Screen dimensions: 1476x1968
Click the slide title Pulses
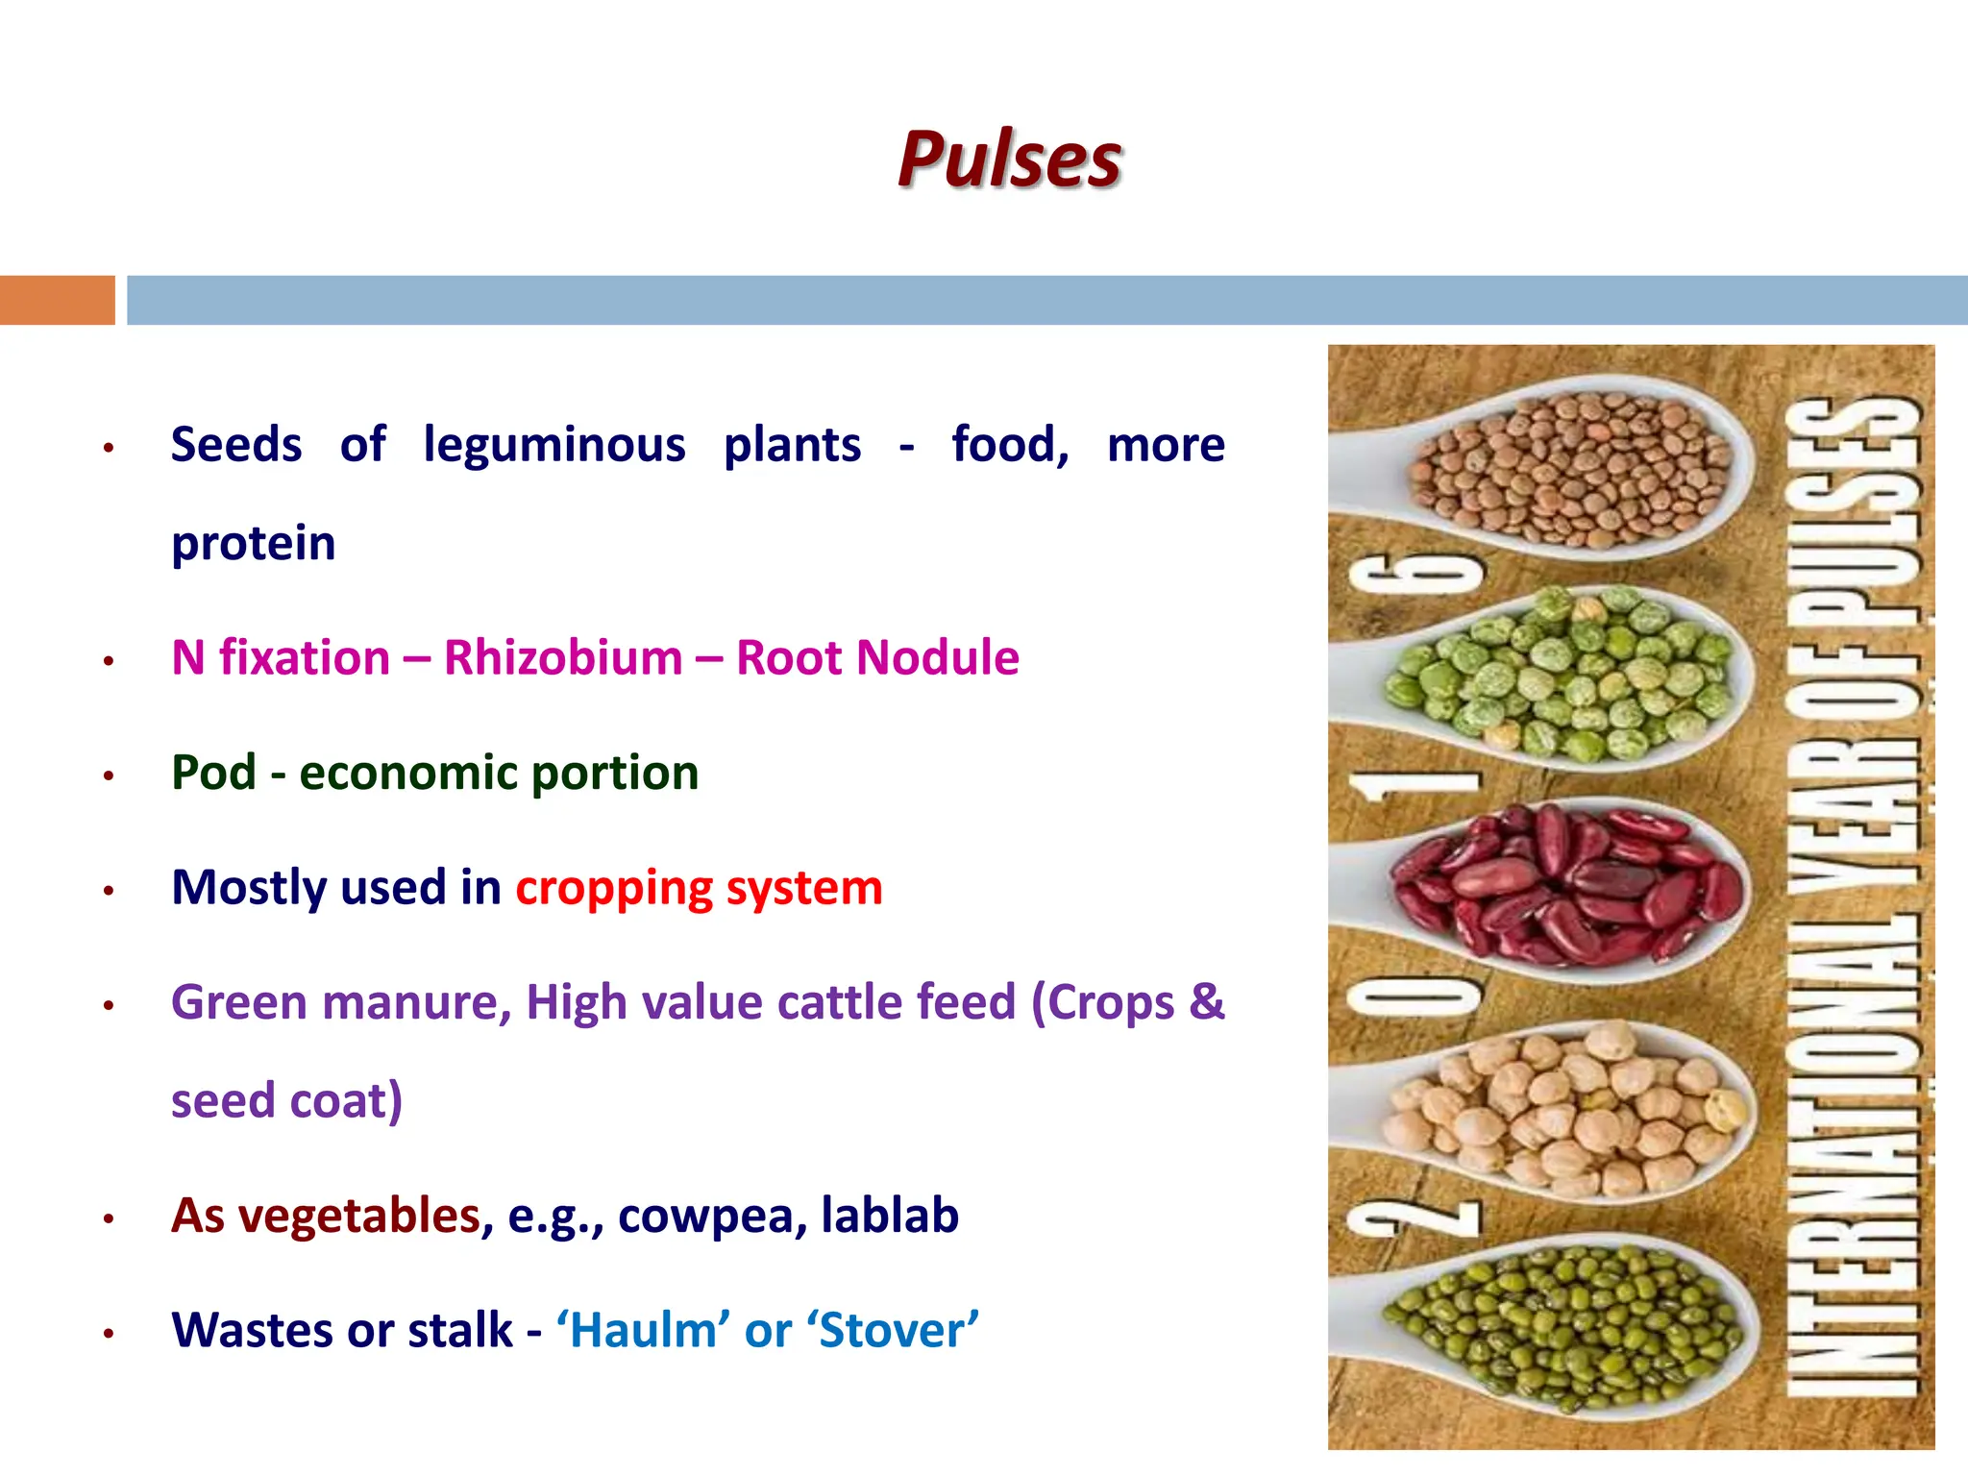tap(1009, 159)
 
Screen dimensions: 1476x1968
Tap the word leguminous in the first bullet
tap(554, 446)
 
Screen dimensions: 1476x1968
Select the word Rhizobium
tap(563, 658)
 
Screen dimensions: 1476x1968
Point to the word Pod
tap(213, 773)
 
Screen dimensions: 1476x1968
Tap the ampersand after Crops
tap(1207, 1002)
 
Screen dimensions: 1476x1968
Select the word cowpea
tap(712, 1216)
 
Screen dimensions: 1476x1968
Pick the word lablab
tap(890, 1216)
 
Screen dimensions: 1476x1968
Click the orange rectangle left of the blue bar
tap(57, 300)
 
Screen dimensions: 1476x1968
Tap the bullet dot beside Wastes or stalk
tap(110, 1333)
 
